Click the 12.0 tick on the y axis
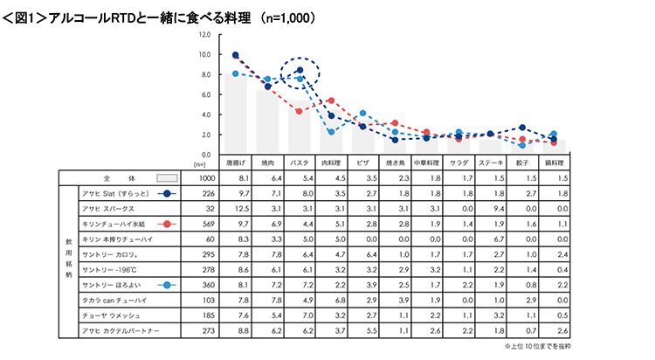tap(204, 35)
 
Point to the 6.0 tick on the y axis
tap(205, 94)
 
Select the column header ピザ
tap(363, 163)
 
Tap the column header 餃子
tap(522, 163)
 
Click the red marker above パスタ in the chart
tap(300, 111)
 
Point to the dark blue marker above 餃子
tap(522, 128)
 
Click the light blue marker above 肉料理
tap(332, 132)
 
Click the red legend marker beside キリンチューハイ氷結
tap(167, 225)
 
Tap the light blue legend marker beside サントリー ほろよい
tap(167, 285)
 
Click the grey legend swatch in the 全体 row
tap(167, 177)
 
